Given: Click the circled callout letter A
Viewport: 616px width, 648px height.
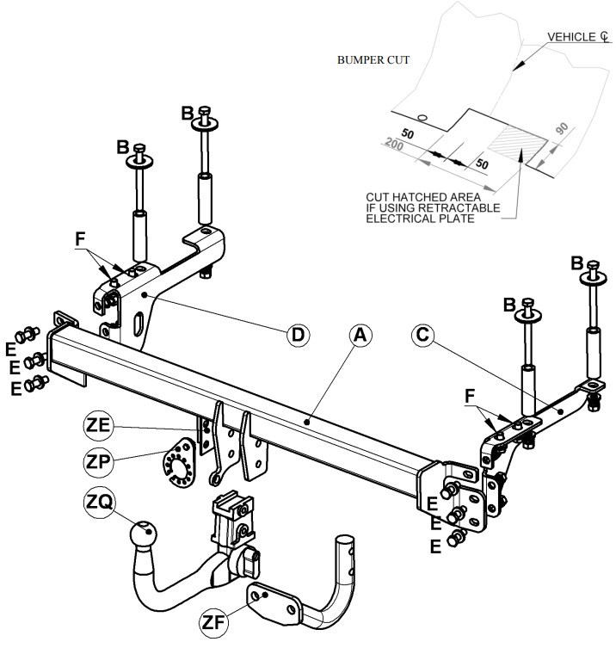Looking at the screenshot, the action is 360,335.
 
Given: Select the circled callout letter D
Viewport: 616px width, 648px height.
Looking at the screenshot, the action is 298,335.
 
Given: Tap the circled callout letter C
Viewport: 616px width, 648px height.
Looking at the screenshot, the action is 422,335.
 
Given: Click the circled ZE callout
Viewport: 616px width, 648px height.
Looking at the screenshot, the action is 98,425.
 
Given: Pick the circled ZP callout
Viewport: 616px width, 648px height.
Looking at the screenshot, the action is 98,461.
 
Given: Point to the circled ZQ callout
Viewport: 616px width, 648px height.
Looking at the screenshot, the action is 99,503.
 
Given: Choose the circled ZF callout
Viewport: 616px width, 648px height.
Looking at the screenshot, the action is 213,622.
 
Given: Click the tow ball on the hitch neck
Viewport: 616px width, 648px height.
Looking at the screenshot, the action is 143,535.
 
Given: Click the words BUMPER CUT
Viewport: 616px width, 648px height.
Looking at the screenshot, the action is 373,60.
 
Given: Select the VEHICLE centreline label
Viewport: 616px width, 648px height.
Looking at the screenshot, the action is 578,37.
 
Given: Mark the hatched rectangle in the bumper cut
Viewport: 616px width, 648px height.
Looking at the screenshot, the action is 518,143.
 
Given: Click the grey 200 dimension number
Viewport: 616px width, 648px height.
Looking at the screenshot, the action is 394,145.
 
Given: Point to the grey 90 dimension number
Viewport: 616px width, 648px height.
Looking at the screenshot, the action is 562,128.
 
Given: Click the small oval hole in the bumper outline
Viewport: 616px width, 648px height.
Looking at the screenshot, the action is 422,117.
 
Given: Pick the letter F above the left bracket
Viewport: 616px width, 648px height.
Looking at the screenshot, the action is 80,239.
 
